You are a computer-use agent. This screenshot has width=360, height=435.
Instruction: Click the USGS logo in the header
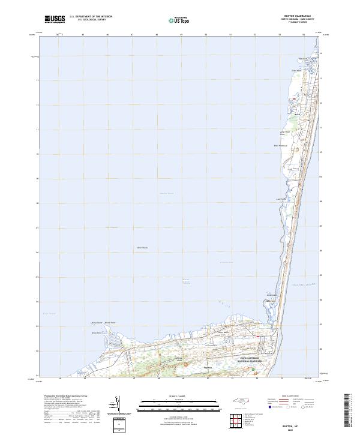pyautogui.click(x=55, y=19)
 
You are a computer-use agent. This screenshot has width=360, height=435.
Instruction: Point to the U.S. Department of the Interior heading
pyautogui.click(x=91, y=17)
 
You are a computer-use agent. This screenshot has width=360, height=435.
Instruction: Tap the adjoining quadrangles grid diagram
pyautogui.click(x=236, y=421)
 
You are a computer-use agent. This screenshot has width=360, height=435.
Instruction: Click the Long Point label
pyautogui.click(x=279, y=199)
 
